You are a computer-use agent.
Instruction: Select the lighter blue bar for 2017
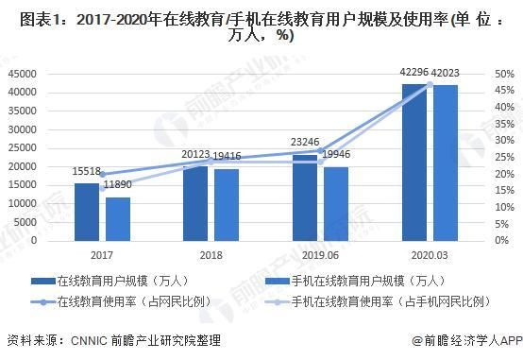pos(118,218)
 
